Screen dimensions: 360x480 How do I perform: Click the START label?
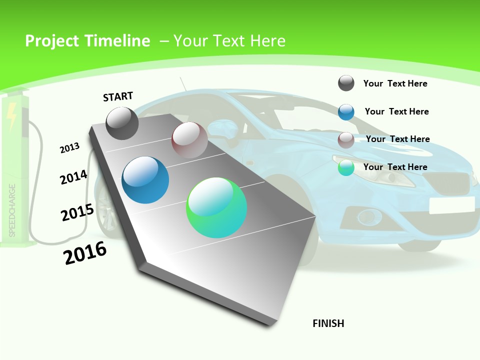tap(118, 96)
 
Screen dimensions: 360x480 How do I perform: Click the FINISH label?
tap(328, 323)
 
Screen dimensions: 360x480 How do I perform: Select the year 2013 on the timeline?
tap(69, 148)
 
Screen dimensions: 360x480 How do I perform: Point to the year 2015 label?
tap(77, 212)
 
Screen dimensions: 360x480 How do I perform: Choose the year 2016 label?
tap(85, 253)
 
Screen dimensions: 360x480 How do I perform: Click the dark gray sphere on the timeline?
tap(122, 123)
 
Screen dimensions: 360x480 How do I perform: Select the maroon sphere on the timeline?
tap(189, 140)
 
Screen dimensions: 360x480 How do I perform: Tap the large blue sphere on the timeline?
tap(145, 180)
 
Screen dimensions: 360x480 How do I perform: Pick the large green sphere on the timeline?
tap(216, 207)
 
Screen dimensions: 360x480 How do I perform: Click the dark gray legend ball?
tap(346, 83)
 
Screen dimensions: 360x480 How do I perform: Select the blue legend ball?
tap(346, 112)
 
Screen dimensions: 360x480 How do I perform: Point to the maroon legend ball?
tap(346, 140)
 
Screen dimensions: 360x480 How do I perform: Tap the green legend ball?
tap(346, 167)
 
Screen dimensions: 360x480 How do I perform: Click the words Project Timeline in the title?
tap(87, 41)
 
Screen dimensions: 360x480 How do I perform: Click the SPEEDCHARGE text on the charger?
tap(12, 210)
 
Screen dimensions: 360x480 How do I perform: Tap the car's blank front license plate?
tap(451, 205)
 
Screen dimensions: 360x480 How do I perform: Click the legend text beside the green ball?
tap(395, 167)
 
